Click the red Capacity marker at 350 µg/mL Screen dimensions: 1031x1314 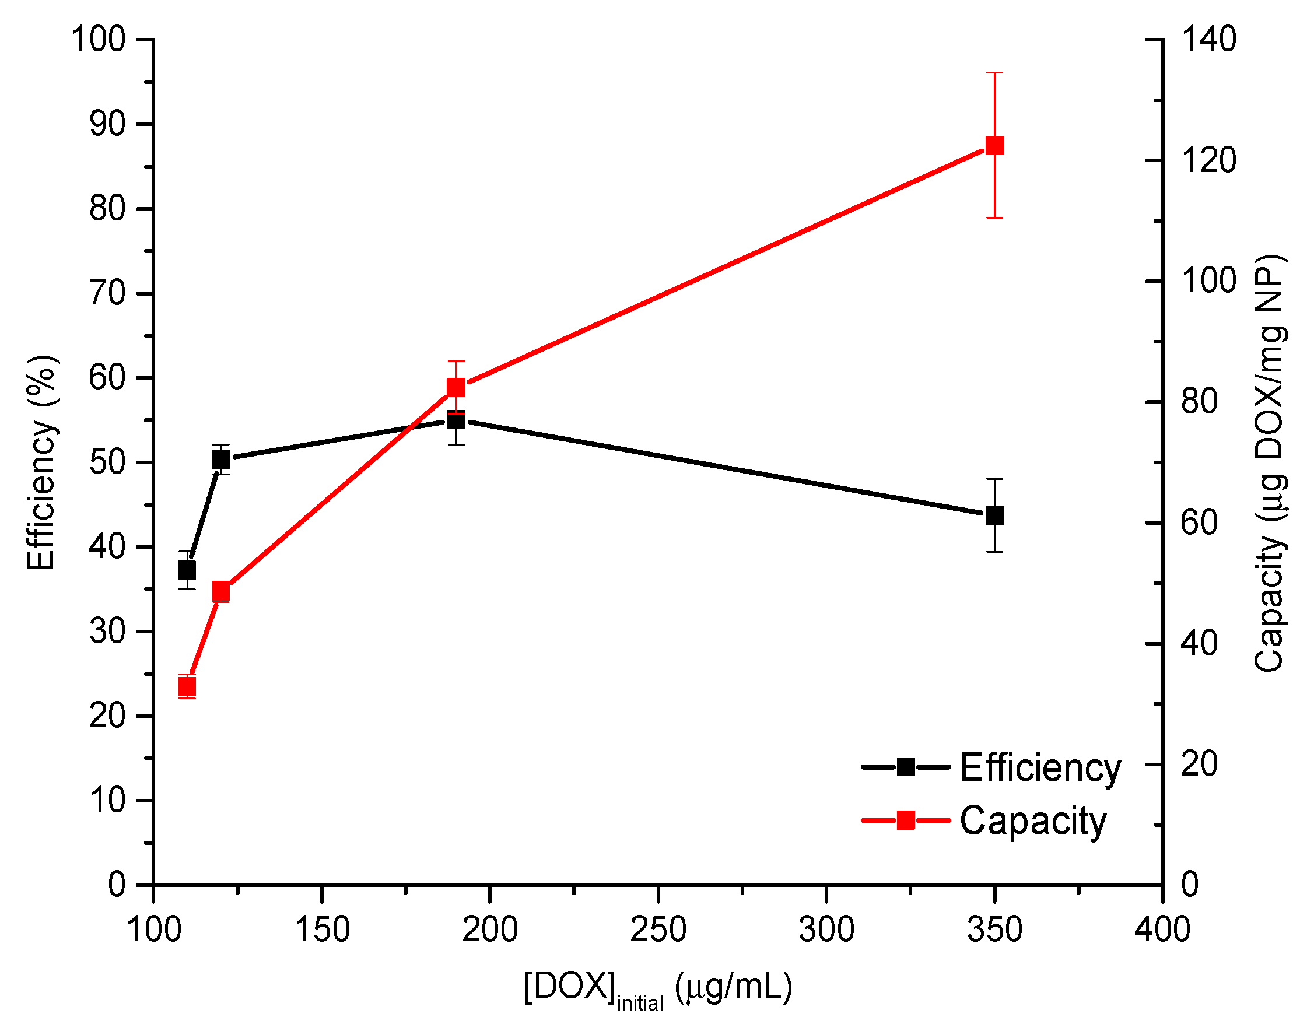click(x=994, y=145)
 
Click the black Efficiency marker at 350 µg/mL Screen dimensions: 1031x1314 click(x=994, y=515)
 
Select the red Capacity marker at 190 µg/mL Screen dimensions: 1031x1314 click(x=456, y=387)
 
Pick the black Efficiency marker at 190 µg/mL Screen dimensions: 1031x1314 click(x=456, y=420)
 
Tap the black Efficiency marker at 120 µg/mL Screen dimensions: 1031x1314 click(x=221, y=460)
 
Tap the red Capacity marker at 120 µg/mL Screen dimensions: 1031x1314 click(x=221, y=591)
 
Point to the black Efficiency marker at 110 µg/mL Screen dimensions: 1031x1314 click(x=187, y=570)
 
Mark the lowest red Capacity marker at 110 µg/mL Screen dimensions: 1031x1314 click(x=187, y=686)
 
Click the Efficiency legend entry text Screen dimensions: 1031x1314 click(x=1040, y=769)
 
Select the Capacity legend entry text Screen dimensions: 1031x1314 click(x=1033, y=821)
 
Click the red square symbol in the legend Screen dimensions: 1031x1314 click(x=905, y=820)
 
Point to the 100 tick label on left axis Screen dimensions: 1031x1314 click(x=98, y=40)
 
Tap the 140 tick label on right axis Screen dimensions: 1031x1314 click(x=1208, y=40)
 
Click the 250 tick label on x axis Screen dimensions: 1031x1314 click(x=658, y=930)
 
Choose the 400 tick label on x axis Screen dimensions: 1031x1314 click(x=1162, y=930)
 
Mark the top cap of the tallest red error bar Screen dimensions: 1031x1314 click(x=994, y=72)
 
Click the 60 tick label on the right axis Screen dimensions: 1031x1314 click(x=1199, y=522)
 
